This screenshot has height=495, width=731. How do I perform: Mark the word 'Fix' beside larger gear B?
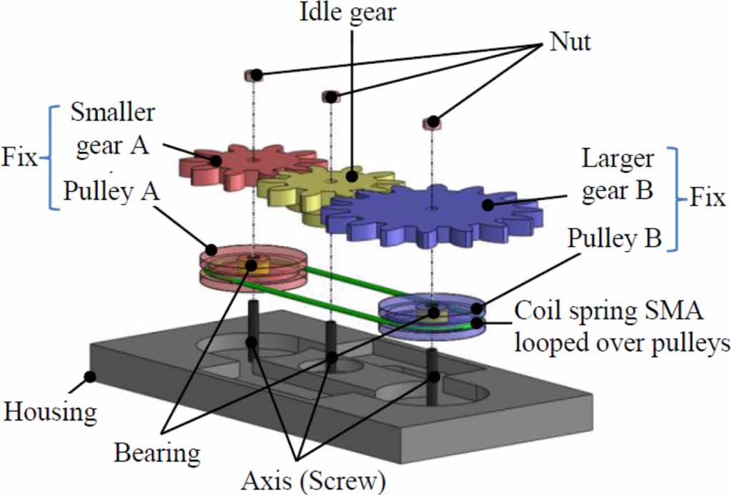tap(707, 198)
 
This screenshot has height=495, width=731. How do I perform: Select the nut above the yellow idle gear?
tap(329, 96)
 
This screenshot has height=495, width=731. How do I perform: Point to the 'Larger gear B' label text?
tap(618, 175)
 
